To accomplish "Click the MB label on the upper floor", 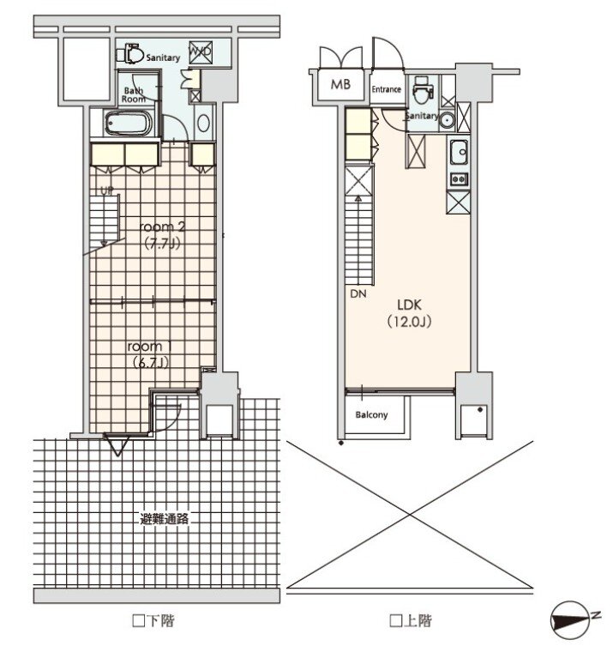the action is point(340,84).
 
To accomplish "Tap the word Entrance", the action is point(386,89).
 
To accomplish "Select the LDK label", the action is point(409,305).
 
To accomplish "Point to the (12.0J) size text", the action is point(409,322).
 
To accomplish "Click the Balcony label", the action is point(371,414).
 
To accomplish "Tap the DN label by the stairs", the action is point(358,293).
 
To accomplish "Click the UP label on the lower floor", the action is point(106,191).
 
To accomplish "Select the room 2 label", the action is point(162,226).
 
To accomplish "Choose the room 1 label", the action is point(149,347).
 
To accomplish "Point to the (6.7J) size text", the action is point(150,363).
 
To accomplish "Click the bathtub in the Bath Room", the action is point(129,124).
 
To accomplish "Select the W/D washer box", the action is point(201,52).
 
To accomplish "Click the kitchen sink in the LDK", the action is point(458,153).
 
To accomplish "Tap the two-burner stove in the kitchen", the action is point(458,179).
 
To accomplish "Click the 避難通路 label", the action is point(165,519).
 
